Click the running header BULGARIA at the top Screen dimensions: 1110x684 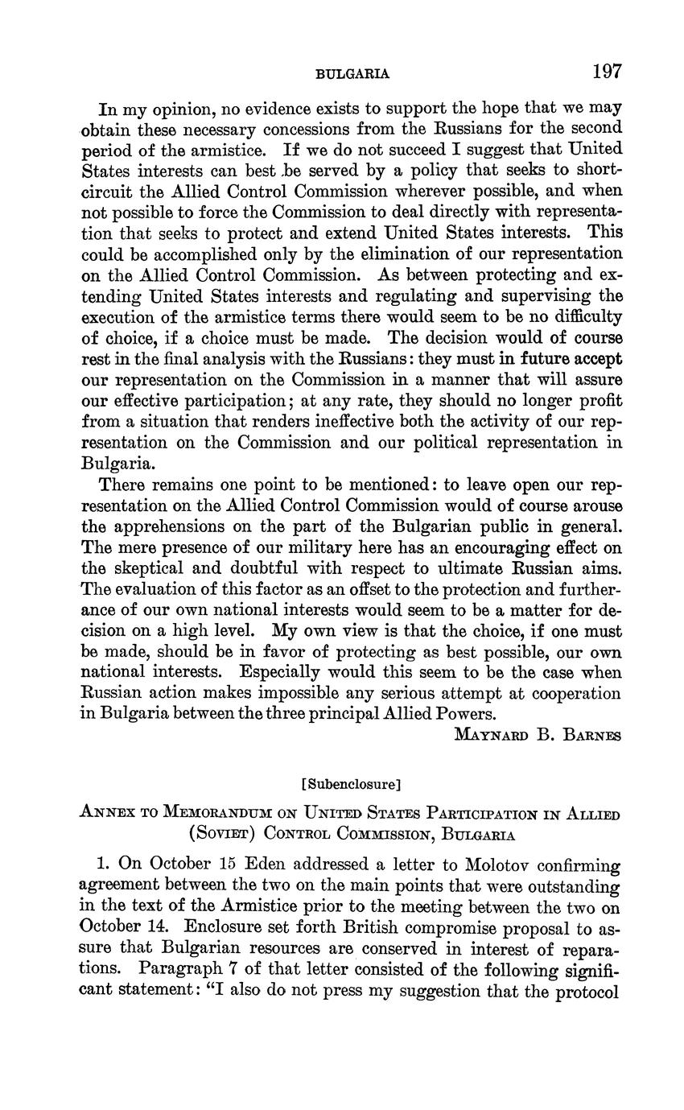click(x=352, y=74)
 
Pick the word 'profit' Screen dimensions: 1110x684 click(x=600, y=400)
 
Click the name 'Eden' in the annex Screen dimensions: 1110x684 click(x=265, y=865)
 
